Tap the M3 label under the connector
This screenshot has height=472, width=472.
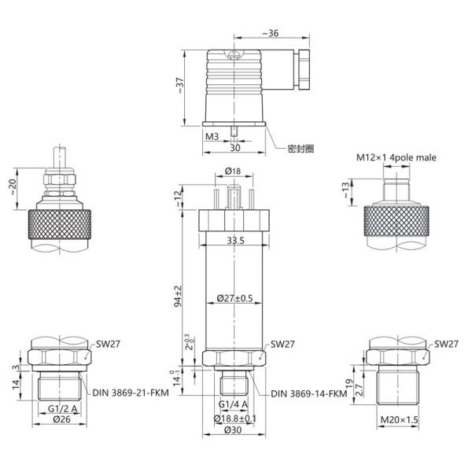click(x=212, y=136)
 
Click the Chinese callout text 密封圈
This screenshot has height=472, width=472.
click(x=301, y=148)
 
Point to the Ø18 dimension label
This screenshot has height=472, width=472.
click(x=233, y=171)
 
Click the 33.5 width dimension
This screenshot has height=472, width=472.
click(x=236, y=240)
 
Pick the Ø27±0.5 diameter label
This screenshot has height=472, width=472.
click(x=234, y=298)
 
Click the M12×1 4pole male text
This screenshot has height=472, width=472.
click(x=396, y=157)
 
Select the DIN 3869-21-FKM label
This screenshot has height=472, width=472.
click(x=129, y=393)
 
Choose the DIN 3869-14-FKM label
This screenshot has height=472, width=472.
click(x=308, y=393)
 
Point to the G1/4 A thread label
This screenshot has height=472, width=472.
click(x=234, y=404)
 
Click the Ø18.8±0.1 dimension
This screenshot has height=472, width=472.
click(x=237, y=418)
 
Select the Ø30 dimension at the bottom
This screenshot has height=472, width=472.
click(x=234, y=430)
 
